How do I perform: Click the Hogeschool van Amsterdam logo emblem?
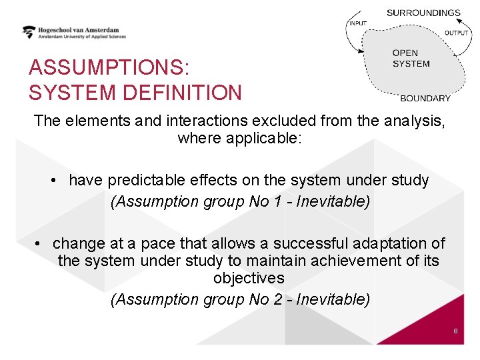click(x=29, y=32)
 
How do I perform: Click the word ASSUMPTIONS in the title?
click(x=109, y=68)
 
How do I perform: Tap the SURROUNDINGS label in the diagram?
click(x=423, y=13)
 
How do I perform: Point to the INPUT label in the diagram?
click(x=357, y=24)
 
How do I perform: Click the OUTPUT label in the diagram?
click(x=457, y=33)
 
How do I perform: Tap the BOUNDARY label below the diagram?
click(x=425, y=98)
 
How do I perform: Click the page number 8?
click(x=455, y=331)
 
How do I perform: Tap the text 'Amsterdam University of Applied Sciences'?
click(x=81, y=37)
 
